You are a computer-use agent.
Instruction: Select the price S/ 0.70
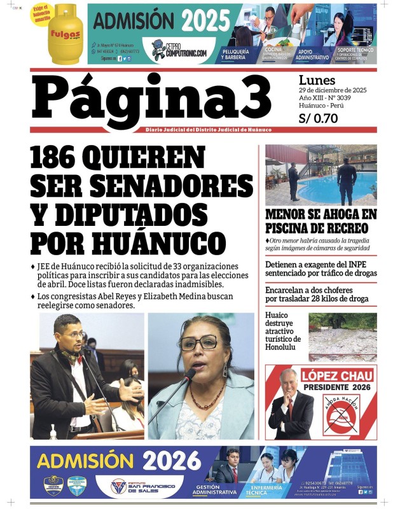pos(318,118)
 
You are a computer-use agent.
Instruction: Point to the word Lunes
pos(316,80)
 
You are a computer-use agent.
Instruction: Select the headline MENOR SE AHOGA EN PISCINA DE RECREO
pos(321,221)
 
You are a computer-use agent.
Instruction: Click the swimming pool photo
pos(321,174)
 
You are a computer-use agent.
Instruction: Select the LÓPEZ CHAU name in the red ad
pos(336,375)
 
